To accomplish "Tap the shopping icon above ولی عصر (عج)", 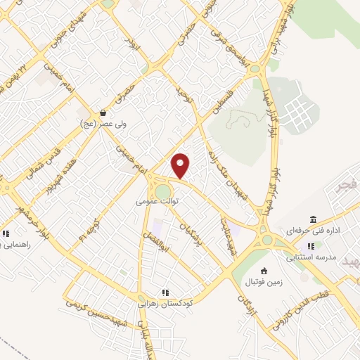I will coord(103,112).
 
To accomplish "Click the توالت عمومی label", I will coord(159,201).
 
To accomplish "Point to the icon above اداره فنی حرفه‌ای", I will coord(312,219).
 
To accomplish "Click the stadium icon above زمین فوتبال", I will coord(264,271).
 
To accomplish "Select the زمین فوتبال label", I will coord(263,282).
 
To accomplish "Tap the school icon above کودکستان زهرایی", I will coord(165,292).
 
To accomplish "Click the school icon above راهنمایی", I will coord(6,233).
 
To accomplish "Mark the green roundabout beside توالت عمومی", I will coord(162,191).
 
